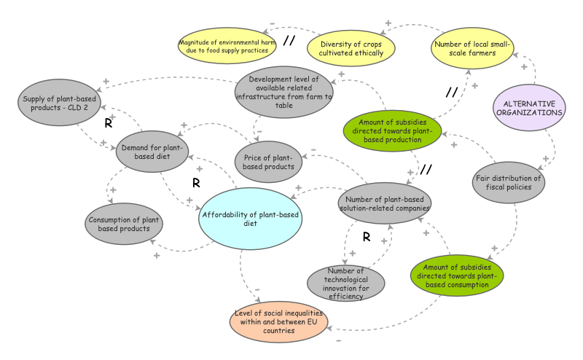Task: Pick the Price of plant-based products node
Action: point(268,162)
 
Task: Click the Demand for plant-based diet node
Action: point(152,152)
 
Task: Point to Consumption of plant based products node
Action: point(124,224)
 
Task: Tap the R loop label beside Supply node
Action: point(108,123)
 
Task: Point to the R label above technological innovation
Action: point(367,237)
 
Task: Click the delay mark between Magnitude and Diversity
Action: point(289,41)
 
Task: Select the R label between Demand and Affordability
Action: point(196,182)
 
